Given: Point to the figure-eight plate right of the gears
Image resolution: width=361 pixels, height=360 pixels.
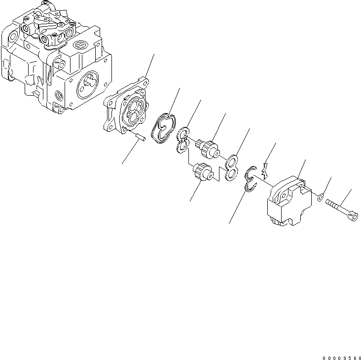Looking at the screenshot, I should click(x=230, y=167).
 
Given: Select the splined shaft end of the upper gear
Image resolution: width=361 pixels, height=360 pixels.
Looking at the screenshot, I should click(x=200, y=144).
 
